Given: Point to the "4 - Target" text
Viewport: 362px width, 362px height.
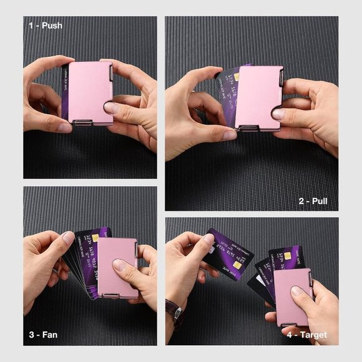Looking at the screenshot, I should (306, 334).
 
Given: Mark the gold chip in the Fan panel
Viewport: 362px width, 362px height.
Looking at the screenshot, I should (95, 238).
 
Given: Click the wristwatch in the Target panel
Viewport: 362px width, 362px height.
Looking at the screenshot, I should (174, 310).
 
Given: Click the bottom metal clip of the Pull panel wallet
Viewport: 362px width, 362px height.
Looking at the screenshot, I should (248, 129).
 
